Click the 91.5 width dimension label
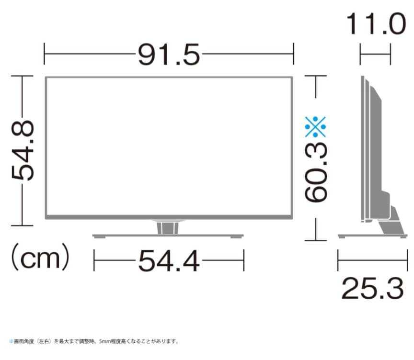coord(169,55)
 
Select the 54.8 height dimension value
coord(23,150)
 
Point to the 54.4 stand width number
coord(169,261)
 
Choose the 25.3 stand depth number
coord(373,288)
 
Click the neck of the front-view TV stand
coord(168,227)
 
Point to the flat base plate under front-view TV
coord(168,236)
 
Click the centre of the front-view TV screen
coord(169,146)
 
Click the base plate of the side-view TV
coord(372,236)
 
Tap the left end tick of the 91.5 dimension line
coord(45,54)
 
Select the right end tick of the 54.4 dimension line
coord(244,261)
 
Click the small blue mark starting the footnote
coord(11,342)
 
